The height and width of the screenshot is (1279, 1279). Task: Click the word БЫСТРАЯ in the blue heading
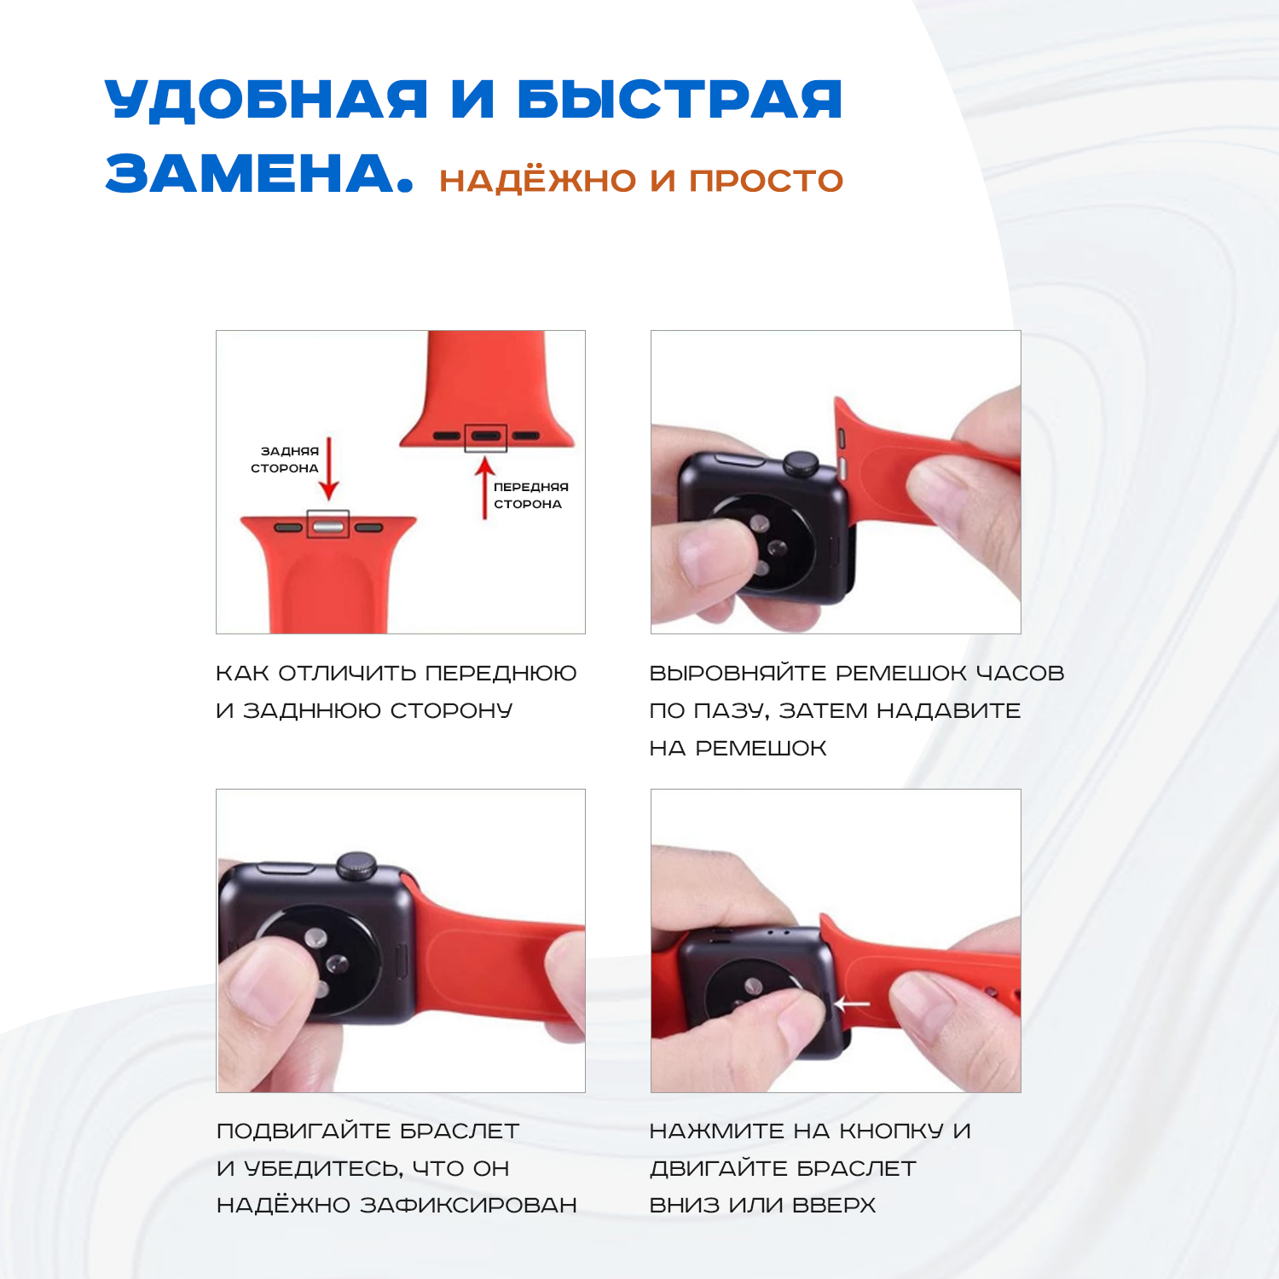(x=680, y=99)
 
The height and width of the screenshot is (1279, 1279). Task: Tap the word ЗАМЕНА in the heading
(x=248, y=173)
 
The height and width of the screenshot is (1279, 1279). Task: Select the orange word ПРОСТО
(x=766, y=181)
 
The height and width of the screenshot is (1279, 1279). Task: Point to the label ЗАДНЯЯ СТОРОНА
(x=285, y=460)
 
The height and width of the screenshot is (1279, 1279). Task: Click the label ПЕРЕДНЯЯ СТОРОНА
(x=530, y=495)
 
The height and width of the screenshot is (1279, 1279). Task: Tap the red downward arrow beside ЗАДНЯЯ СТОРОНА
(x=329, y=469)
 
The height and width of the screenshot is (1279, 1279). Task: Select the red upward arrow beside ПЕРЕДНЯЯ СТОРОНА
(x=485, y=488)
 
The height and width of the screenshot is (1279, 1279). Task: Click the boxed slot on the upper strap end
(x=486, y=437)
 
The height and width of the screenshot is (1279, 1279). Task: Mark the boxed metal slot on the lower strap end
(x=327, y=524)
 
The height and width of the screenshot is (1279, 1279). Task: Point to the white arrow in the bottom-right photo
(x=852, y=1004)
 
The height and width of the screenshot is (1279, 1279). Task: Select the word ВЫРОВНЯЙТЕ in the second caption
(x=738, y=673)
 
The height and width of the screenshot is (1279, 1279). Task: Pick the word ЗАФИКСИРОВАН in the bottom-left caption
(x=468, y=1206)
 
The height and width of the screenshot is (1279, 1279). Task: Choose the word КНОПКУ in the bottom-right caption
(x=891, y=1131)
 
